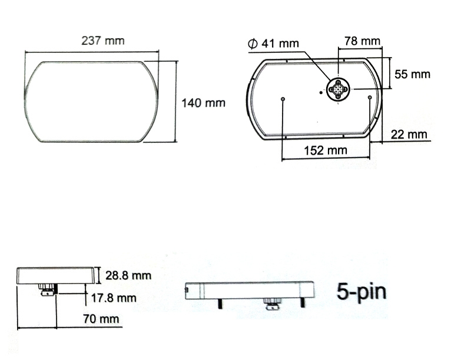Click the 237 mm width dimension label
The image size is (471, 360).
102,41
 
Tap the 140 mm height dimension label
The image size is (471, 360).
203,103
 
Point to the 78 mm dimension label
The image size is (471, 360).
362,41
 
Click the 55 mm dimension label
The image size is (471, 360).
412,74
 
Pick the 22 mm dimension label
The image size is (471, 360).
409,134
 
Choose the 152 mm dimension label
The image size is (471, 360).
326,150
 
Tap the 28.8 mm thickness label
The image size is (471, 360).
128,275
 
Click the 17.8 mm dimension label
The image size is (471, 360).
114,298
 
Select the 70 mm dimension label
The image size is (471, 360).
101,319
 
